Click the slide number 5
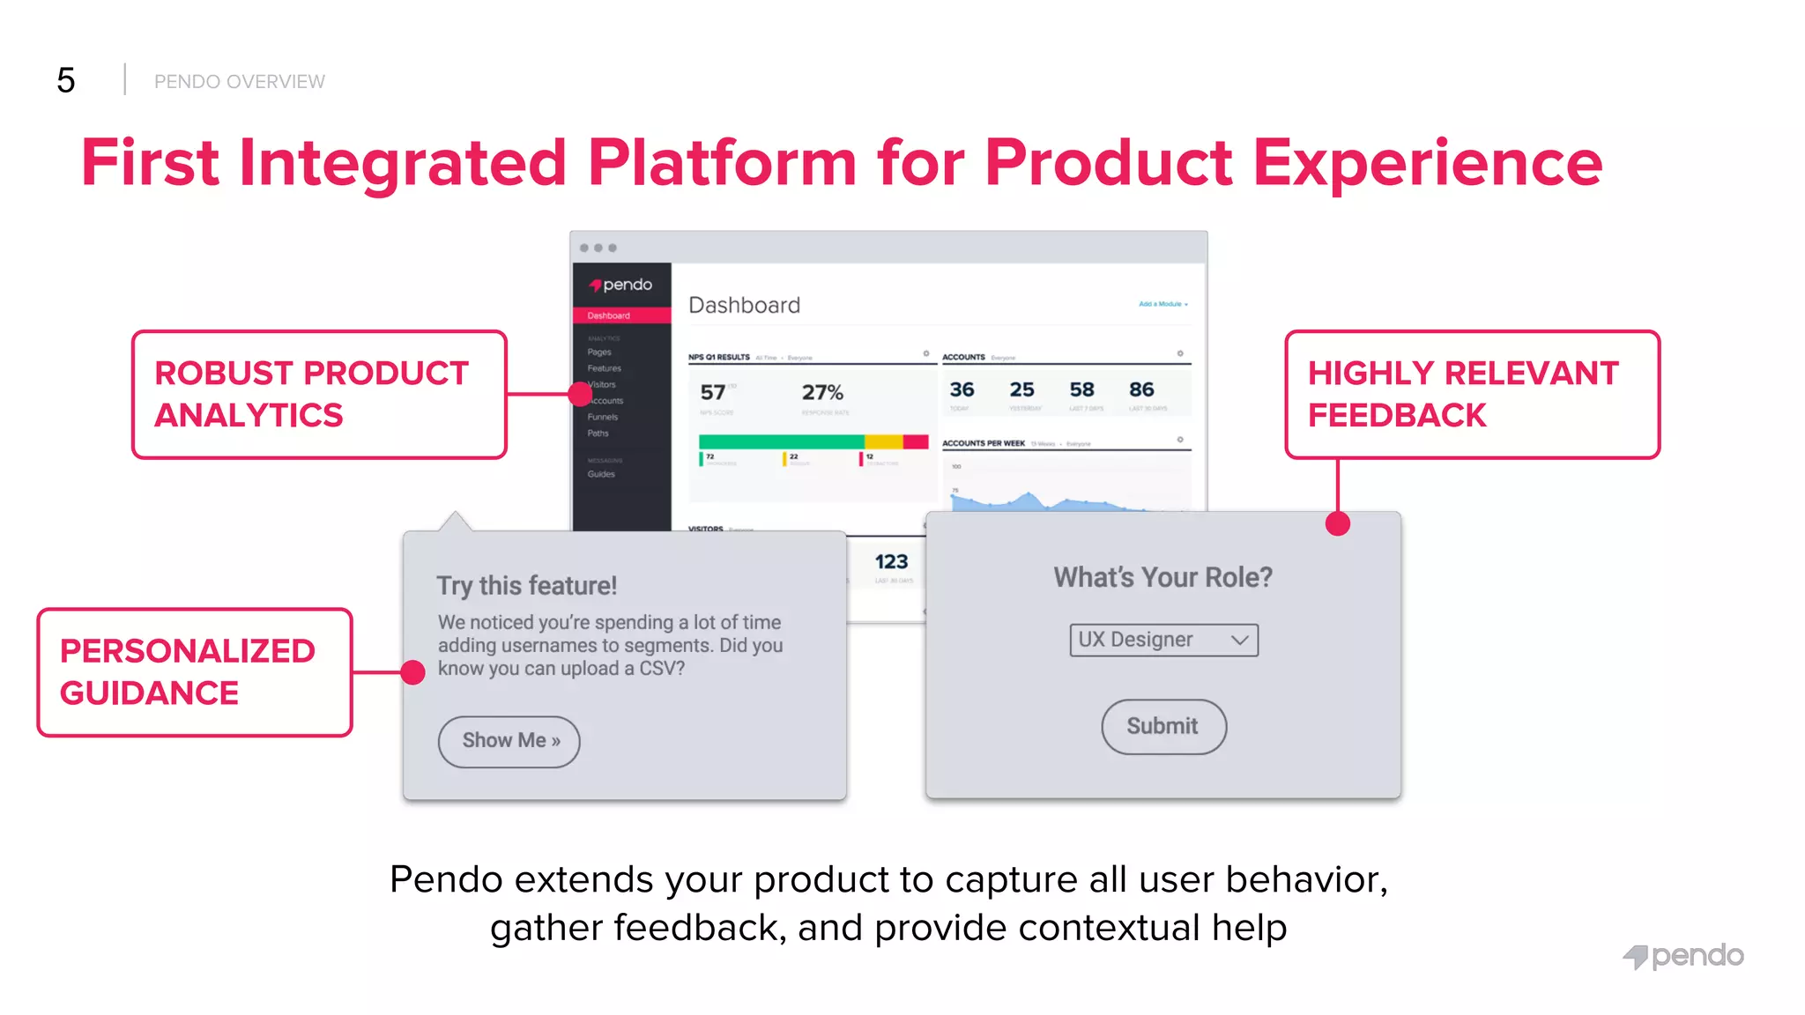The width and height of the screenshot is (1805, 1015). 66,81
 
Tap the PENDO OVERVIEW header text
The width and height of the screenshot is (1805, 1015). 239,82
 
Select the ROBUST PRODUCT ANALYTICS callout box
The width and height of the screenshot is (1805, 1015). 319,395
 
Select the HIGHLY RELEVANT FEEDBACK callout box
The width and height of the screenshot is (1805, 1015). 1471,395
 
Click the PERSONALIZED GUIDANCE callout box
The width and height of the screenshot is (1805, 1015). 195,672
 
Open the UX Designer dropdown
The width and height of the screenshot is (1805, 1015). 1163,640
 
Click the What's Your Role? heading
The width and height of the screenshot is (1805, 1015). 1162,578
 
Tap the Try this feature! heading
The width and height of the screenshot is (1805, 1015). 526,586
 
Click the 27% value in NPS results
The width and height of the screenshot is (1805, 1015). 822,392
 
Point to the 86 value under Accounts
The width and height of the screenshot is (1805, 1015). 1141,389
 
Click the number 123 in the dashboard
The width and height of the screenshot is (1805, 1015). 891,562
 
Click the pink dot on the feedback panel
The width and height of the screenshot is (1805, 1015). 1337,524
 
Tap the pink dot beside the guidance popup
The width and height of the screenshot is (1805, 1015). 412,672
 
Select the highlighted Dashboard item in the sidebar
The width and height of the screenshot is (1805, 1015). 620,315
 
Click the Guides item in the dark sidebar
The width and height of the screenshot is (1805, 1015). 601,474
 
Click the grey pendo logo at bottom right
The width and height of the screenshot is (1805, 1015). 1683,956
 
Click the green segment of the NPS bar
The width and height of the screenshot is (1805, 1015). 780,441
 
